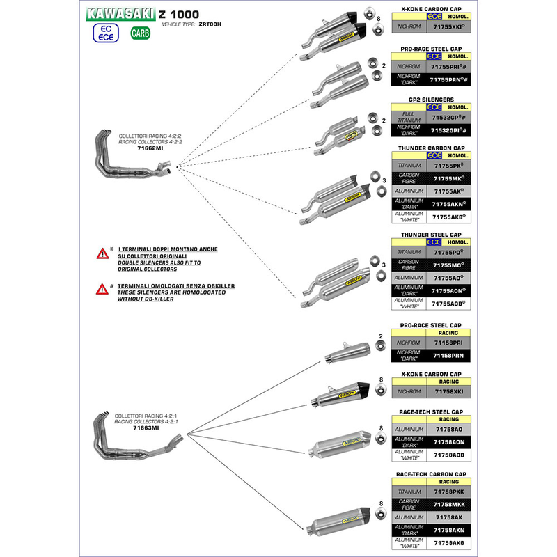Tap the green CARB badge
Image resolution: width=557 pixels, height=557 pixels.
click(x=140, y=33)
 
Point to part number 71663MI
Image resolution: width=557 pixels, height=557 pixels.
click(x=146, y=428)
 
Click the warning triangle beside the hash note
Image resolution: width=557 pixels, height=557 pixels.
click(x=102, y=288)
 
